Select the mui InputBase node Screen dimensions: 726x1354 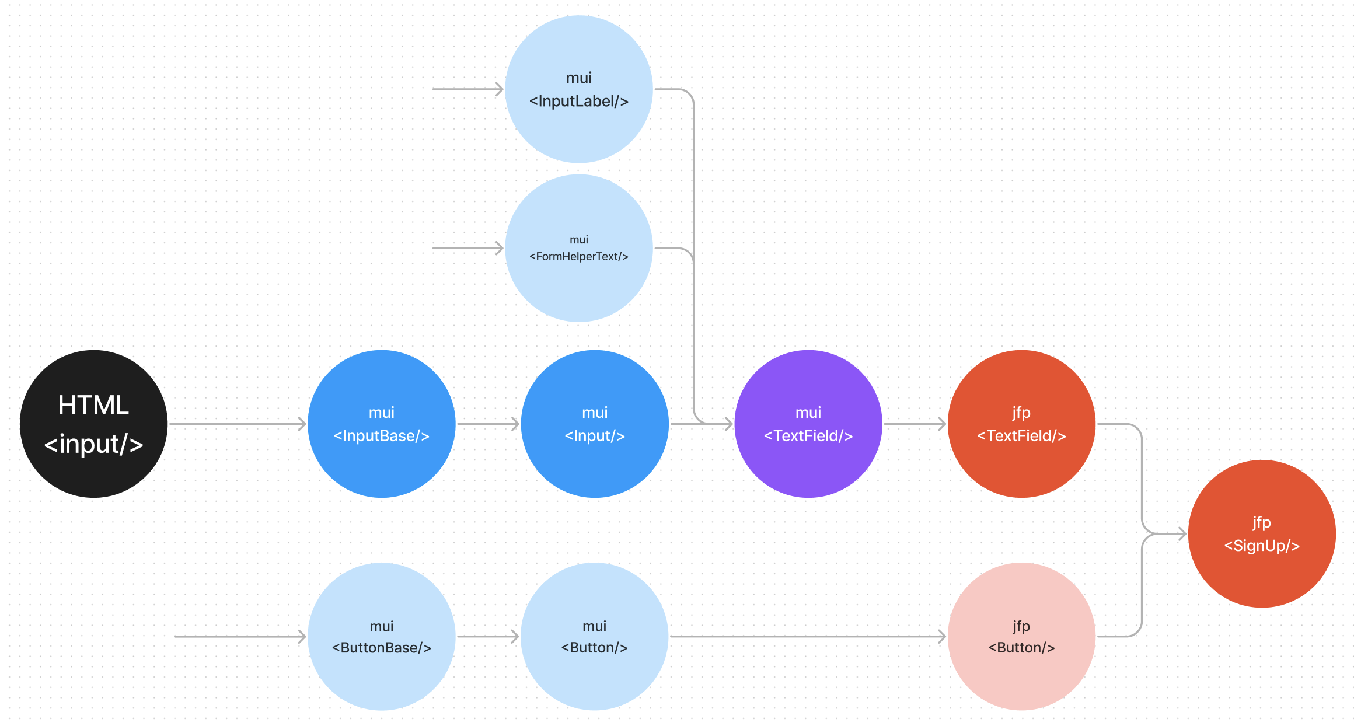382,424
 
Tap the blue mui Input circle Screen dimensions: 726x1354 595,424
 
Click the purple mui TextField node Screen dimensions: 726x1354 808,424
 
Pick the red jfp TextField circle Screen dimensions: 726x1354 1021,424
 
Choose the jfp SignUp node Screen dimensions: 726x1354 1262,533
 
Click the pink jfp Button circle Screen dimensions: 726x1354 1021,637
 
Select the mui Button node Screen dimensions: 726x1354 595,637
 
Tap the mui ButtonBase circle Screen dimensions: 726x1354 382,637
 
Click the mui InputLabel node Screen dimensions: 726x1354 579,89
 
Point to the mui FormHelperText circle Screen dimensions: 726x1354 579,248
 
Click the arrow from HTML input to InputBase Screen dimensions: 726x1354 237,424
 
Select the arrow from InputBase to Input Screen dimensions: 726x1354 488,424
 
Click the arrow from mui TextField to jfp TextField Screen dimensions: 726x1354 915,424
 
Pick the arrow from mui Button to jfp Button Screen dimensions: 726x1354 808,637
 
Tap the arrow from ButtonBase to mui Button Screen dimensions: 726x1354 488,637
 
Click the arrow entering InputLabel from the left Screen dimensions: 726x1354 467,89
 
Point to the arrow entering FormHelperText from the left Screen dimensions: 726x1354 467,248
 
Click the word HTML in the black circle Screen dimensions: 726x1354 93,405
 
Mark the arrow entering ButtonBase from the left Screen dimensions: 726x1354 240,637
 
